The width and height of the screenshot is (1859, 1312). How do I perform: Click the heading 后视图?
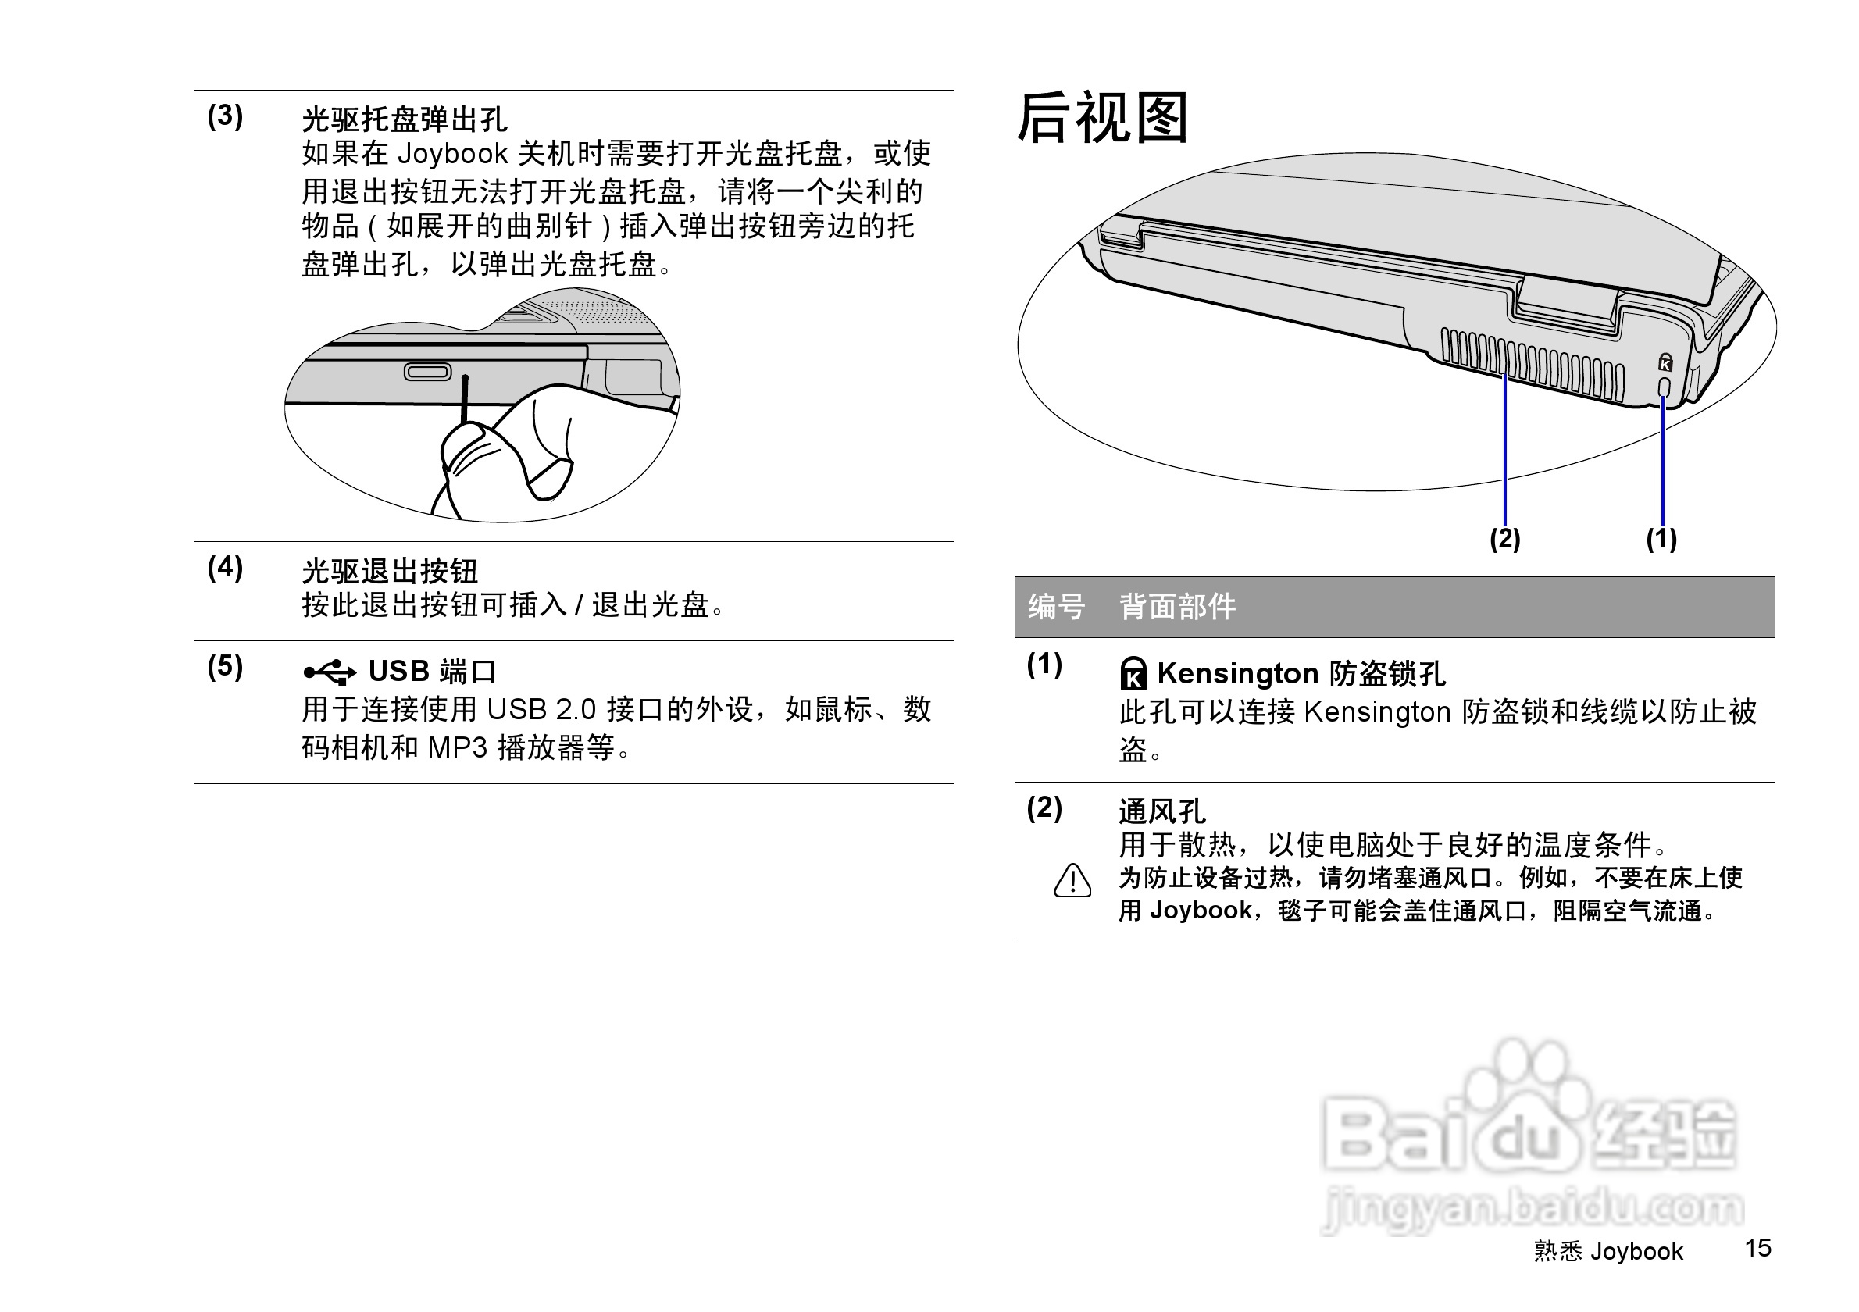(1102, 118)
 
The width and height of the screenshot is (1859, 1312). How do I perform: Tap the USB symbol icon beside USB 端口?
(330, 672)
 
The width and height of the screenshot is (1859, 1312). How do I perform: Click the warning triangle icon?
(1072, 881)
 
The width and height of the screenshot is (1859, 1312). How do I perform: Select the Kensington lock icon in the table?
(1133, 673)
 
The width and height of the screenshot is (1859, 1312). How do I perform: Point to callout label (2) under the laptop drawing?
(1505, 539)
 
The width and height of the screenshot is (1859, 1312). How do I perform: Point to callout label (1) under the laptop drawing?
(1661, 539)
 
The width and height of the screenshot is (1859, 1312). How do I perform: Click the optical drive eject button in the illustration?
(427, 372)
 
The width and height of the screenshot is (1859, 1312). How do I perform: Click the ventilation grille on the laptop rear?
(1530, 366)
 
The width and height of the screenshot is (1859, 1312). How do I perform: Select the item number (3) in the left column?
(225, 116)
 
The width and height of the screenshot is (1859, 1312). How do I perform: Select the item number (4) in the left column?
(225, 568)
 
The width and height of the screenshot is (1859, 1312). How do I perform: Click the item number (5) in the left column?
(225, 666)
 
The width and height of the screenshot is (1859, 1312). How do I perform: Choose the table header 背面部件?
(1177, 606)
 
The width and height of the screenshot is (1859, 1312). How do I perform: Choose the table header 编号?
(1056, 606)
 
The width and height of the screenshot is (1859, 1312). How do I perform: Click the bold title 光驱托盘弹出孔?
(404, 119)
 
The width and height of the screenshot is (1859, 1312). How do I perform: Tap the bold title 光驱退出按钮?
(390, 572)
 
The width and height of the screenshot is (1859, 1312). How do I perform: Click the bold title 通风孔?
(1162, 811)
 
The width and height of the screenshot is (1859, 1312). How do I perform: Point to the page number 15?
(1757, 1248)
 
